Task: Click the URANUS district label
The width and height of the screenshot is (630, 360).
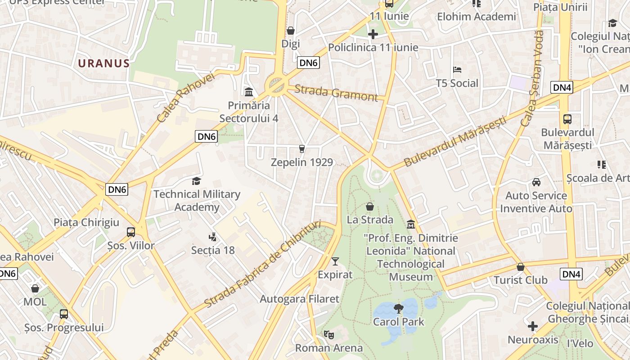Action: [104, 63]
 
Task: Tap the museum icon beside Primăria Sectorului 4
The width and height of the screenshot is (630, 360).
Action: [248, 92]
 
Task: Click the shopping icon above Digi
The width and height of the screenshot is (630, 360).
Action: [291, 31]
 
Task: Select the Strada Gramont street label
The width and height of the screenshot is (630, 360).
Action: [336, 94]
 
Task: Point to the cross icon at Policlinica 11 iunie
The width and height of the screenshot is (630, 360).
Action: [373, 34]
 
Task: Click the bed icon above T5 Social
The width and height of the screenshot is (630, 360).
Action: [457, 70]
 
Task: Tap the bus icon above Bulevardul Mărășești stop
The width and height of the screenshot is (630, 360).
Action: [567, 119]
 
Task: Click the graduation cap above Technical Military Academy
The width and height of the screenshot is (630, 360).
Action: [196, 181]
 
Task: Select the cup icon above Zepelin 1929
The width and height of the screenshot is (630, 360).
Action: [301, 149]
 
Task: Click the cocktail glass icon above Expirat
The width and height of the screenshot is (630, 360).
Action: [335, 261]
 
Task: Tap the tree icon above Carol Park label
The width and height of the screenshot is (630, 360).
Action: [398, 309]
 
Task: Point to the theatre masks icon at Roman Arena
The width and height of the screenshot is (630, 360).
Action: [329, 335]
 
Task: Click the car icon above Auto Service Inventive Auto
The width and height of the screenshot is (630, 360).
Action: [536, 182]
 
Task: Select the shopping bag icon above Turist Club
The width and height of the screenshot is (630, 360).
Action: [521, 267]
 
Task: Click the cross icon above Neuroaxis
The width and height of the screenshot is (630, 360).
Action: [533, 326]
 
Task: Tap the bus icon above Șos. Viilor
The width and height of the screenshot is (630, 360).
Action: [131, 232]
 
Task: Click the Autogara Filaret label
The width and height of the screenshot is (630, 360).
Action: [299, 299]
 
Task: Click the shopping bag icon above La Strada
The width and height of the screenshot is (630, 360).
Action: [370, 207]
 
